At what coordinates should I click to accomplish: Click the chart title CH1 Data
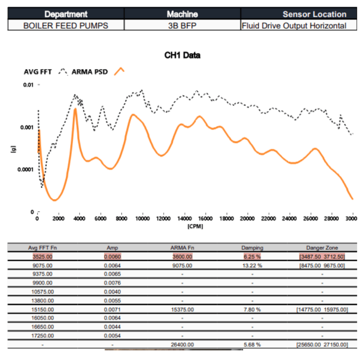[182, 55]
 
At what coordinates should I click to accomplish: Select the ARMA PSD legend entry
[90, 72]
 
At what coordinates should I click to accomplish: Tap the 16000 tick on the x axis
[205, 218]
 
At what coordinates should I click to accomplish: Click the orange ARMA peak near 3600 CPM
[75, 109]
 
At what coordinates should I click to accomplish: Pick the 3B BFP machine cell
[182, 25]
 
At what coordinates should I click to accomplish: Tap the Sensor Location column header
[314, 14]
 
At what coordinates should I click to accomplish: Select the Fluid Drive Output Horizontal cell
[294, 25]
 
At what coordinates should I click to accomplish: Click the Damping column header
[252, 248]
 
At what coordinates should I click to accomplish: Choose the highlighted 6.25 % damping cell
[252, 256]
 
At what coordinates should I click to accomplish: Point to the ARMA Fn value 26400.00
[182, 344]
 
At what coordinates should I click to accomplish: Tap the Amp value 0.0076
[112, 283]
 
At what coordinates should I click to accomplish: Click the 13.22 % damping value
[252, 265]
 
